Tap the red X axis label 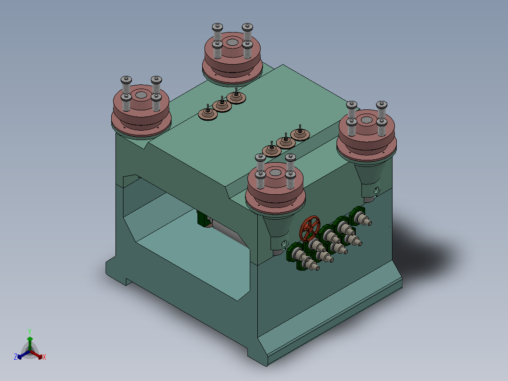pos(44,357)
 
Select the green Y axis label pos(29,331)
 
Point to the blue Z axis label pos(16,357)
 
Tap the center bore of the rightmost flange pos(367,120)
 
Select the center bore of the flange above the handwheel pos(275,174)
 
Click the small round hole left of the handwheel pos(284,243)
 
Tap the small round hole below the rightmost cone pos(376,190)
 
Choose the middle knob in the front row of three pos(286,141)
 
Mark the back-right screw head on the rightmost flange pos(382,105)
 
